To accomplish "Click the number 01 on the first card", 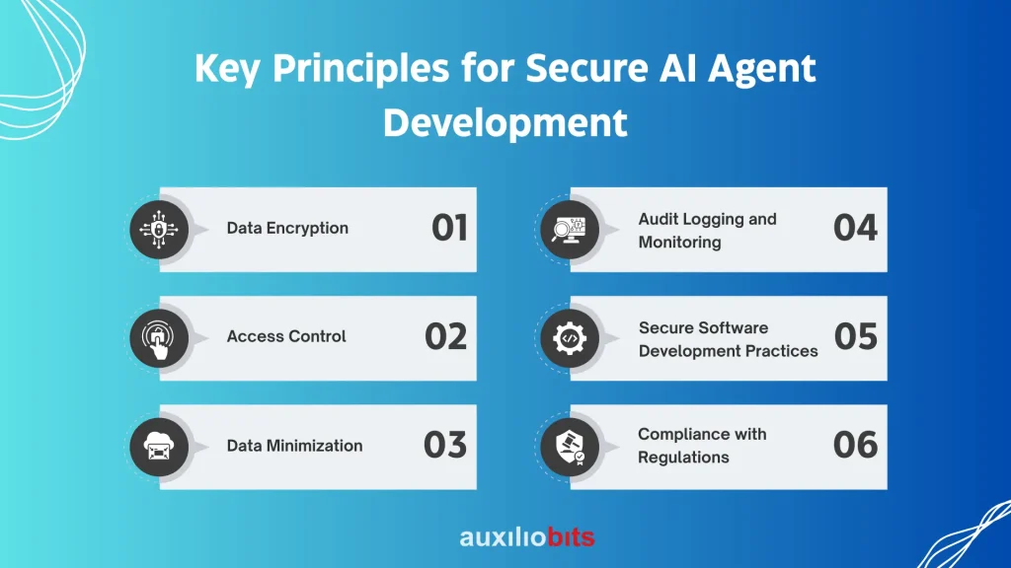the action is (449, 228).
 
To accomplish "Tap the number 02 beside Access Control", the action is (445, 337).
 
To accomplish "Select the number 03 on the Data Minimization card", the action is (445, 445).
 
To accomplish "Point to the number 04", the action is (855, 228).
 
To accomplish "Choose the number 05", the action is (856, 337).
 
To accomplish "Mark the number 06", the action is (855, 445).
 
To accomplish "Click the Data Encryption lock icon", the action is (159, 230).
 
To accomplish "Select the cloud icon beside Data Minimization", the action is (159, 447).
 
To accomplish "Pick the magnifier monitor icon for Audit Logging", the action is (570, 230).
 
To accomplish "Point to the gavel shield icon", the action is (570, 447).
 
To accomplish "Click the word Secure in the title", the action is (586, 68).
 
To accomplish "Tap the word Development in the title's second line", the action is (505, 123).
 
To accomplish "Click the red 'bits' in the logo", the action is (571, 537).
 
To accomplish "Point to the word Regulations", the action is (683, 458).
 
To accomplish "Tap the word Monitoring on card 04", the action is (679, 243).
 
